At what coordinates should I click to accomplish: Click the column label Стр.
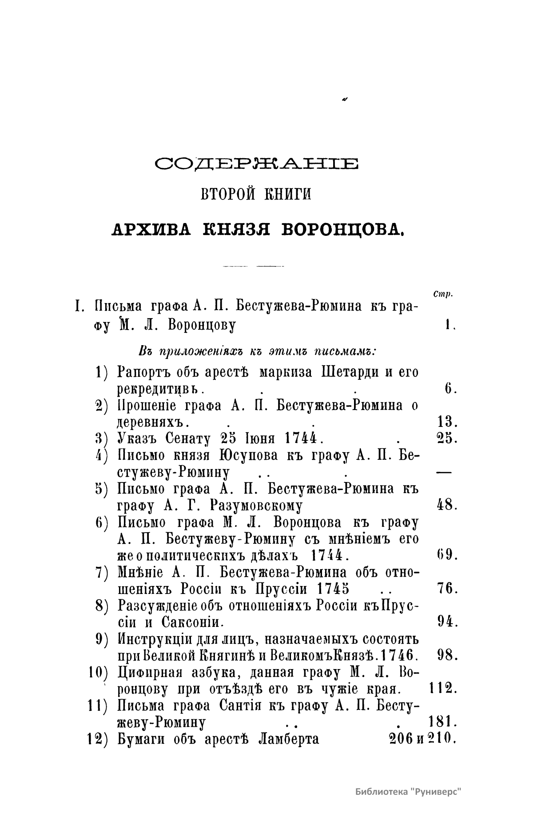point(442,294)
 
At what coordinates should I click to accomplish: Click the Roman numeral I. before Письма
point(80,307)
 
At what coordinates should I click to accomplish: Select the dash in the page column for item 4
point(445,473)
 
